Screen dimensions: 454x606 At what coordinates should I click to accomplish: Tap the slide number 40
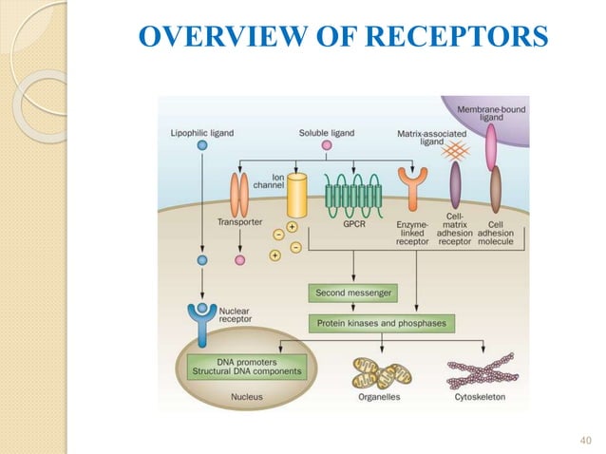[x=584, y=439]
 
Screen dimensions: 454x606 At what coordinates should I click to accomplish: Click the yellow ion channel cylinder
[x=298, y=196]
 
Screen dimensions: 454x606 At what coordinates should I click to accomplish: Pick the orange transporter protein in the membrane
[x=240, y=195]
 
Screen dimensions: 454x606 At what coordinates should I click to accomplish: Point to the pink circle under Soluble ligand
[x=326, y=145]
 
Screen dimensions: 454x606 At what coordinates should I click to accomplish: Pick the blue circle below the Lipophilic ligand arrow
[x=201, y=259]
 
